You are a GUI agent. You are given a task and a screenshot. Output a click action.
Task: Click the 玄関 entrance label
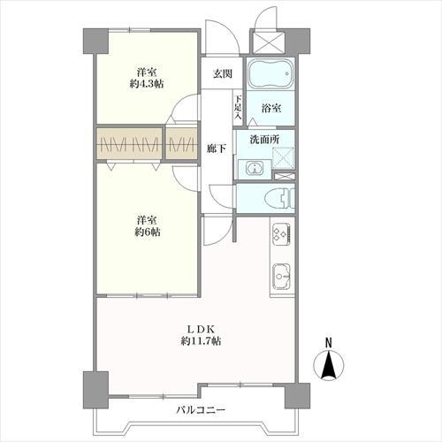coord(220,75)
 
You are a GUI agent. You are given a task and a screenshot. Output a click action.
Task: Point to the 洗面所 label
coord(263,141)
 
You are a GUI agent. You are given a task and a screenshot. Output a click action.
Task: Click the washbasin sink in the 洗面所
coord(253,168)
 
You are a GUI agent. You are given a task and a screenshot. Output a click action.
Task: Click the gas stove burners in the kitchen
coord(281,233)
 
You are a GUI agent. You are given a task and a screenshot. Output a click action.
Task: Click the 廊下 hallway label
coord(215,149)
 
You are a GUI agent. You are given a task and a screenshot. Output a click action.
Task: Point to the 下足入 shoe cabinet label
coord(237,106)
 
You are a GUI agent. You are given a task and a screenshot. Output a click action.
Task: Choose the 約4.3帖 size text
coord(147,86)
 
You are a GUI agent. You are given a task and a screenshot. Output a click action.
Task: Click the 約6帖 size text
coord(147,232)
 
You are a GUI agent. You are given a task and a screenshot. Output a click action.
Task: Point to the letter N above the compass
coord(328,342)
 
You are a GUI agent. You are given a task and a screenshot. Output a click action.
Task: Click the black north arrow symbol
coord(328,364)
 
